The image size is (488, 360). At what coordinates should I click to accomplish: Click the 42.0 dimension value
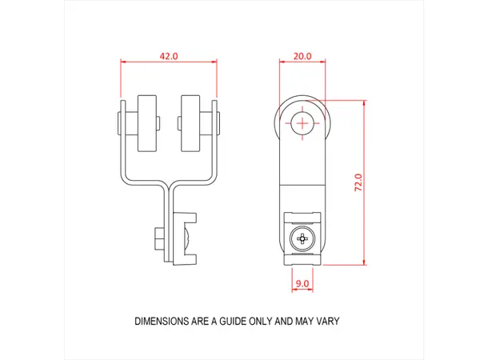[x=169, y=57]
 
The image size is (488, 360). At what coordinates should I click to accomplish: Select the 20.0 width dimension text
[x=302, y=57]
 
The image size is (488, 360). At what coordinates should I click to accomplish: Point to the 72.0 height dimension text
[x=359, y=182]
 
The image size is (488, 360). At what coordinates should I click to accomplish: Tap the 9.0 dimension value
[x=302, y=283]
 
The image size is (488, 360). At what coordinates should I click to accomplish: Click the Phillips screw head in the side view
[x=303, y=238]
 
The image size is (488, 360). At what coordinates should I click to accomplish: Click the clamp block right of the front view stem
[x=186, y=238]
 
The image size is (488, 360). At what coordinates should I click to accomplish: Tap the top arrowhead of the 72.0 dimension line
[x=365, y=102]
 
